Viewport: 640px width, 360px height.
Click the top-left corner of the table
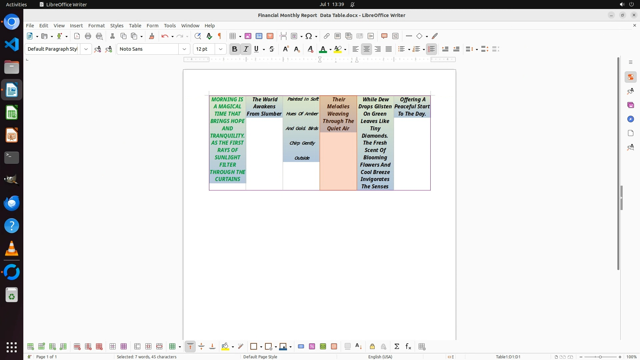point(209,96)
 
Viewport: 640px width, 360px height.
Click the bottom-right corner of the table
point(430,190)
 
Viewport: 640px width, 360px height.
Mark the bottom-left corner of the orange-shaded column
point(320,190)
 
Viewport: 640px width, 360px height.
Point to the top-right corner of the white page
point(456,70)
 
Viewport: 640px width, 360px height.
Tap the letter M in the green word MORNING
point(214,99)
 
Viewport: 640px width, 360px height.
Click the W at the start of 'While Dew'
point(366,99)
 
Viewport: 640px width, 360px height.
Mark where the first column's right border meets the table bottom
point(246,190)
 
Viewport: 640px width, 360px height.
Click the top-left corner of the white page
point(183,70)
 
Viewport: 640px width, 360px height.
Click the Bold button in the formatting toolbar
point(234,49)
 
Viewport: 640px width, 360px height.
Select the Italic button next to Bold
point(246,49)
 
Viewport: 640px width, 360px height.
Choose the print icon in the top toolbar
point(88,36)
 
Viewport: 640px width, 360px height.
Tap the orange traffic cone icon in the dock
point(12,248)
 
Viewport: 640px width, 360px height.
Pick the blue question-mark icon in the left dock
point(12,226)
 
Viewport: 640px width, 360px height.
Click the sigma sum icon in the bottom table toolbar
point(397,347)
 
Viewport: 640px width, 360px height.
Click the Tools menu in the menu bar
point(170,26)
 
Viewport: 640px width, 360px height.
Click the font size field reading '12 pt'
point(204,49)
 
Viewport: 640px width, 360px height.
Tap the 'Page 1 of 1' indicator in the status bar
point(46,357)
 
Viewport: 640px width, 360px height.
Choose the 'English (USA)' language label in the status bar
point(380,357)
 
